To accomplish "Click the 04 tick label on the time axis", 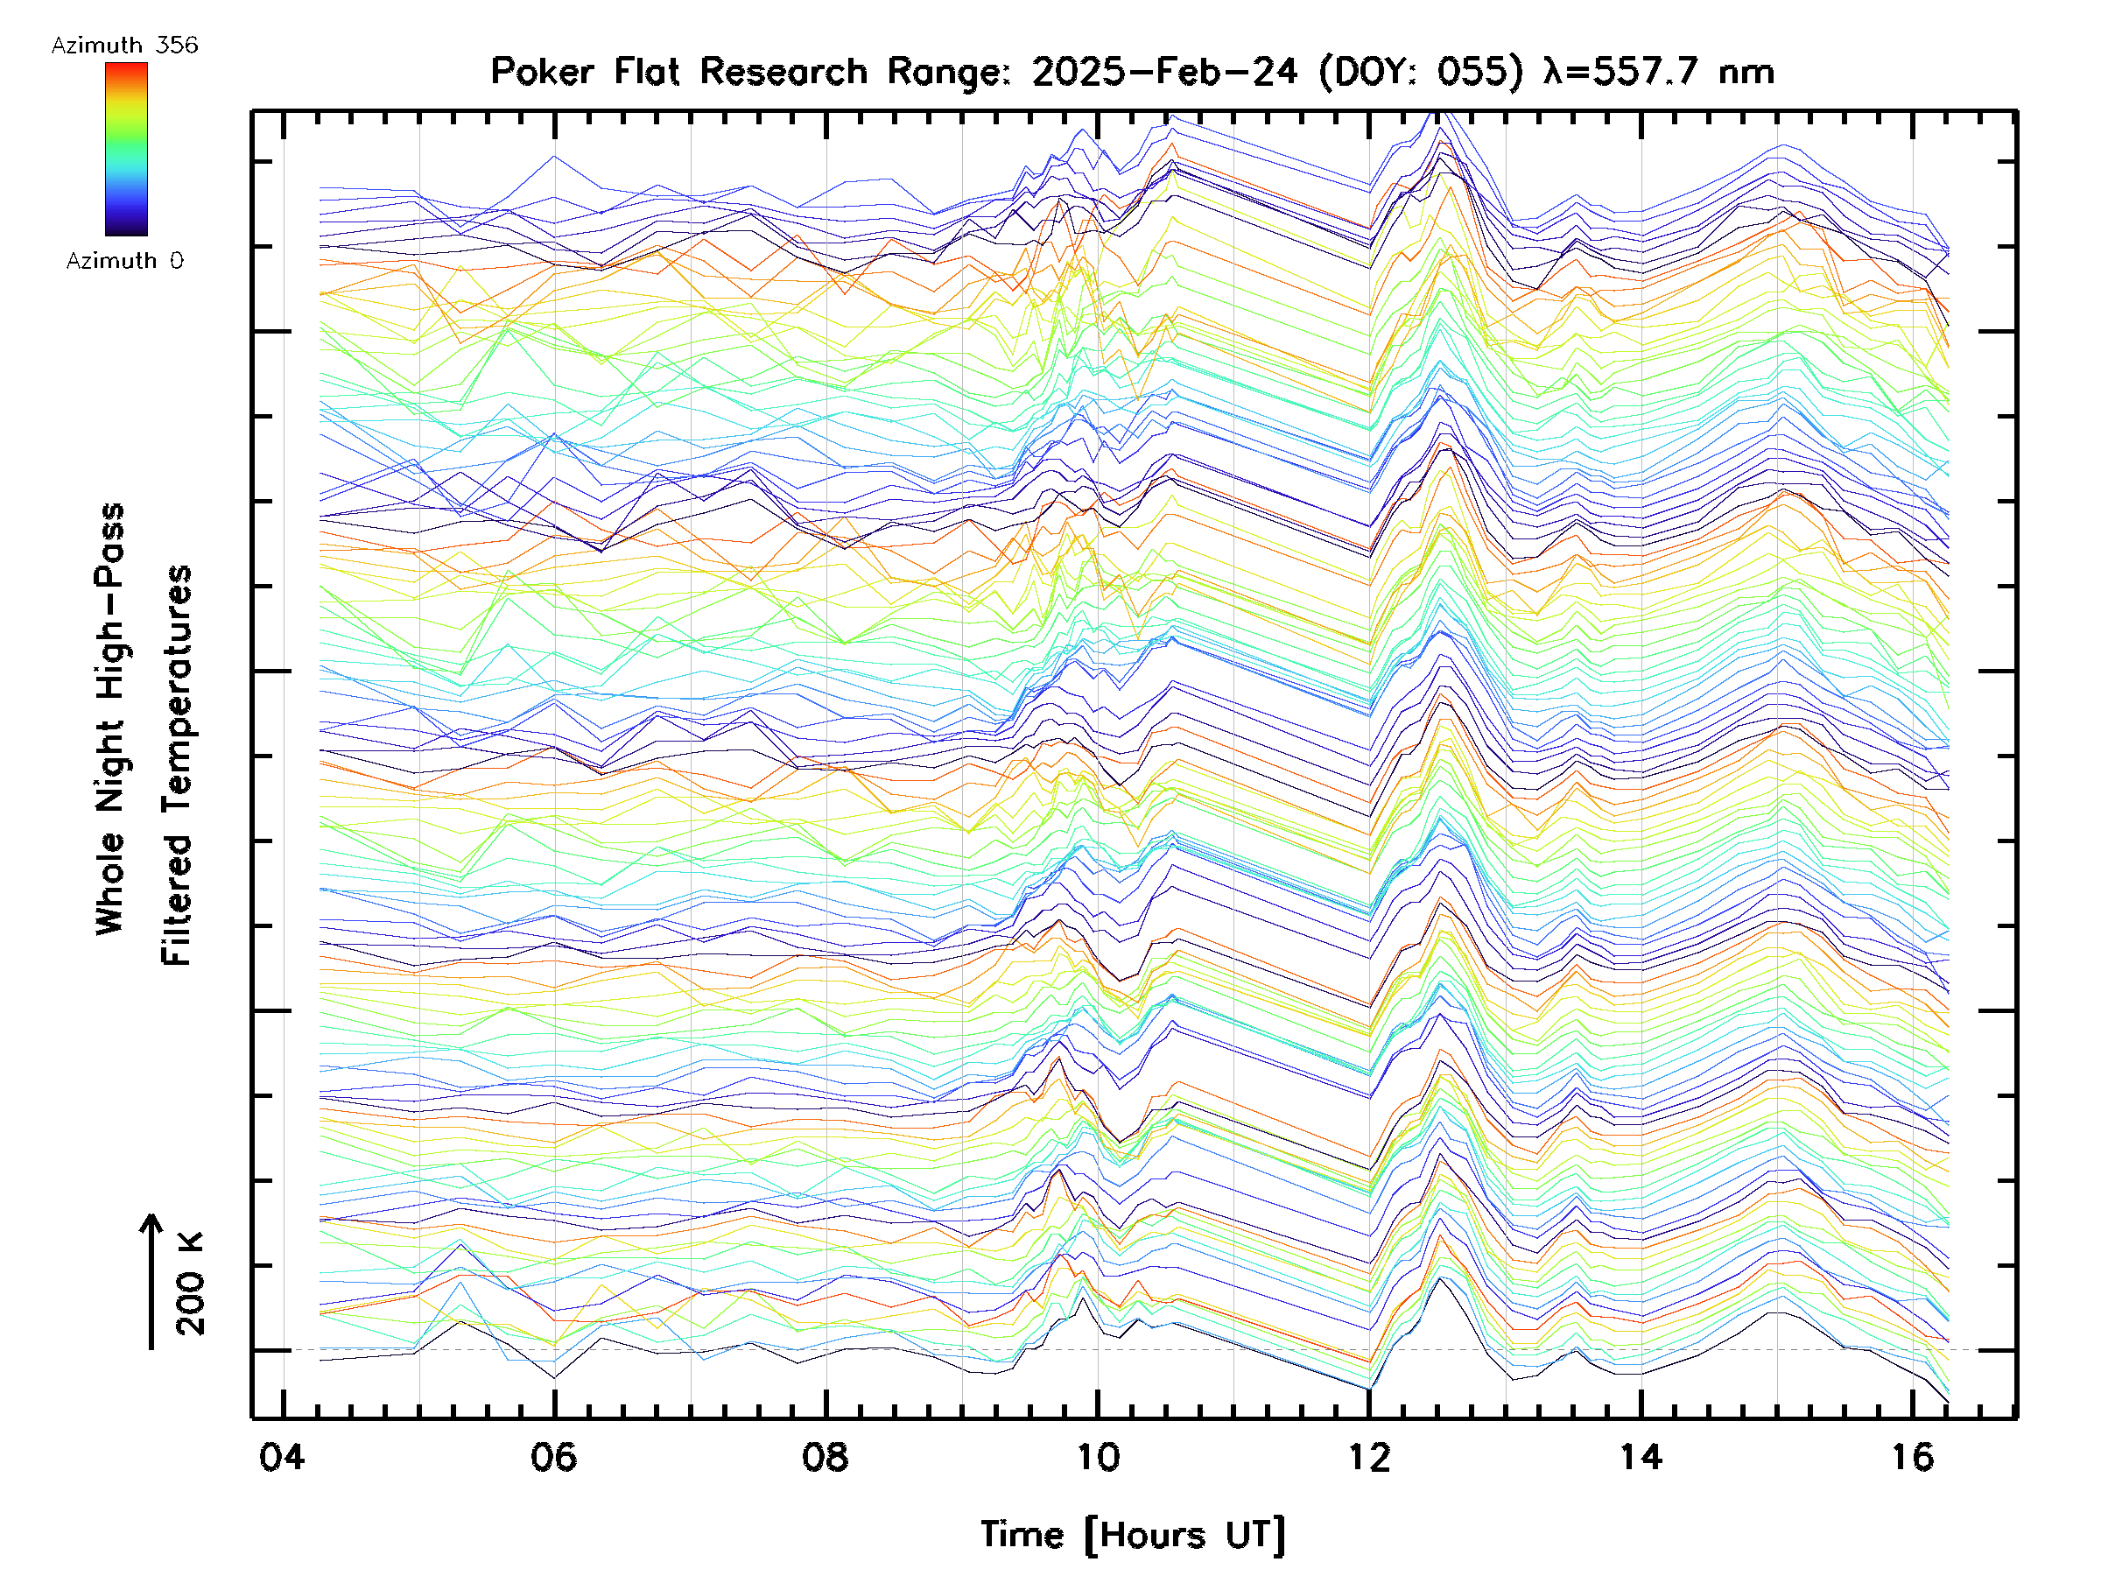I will point(282,1456).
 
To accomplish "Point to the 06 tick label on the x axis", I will point(554,1456).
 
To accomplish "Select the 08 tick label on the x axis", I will point(826,1456).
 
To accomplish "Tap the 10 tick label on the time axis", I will point(1097,1456).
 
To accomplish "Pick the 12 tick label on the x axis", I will point(1368,1456).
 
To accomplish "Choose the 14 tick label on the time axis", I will point(1641,1456).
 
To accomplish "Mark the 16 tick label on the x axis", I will point(1912,1456).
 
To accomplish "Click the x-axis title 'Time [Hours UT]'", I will point(1132,1535).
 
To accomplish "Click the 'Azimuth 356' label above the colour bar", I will point(124,46).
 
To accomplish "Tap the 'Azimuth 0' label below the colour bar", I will point(124,260).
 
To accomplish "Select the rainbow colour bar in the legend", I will point(126,149).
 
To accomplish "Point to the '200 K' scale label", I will point(190,1284).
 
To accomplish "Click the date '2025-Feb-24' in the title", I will point(1164,72).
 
